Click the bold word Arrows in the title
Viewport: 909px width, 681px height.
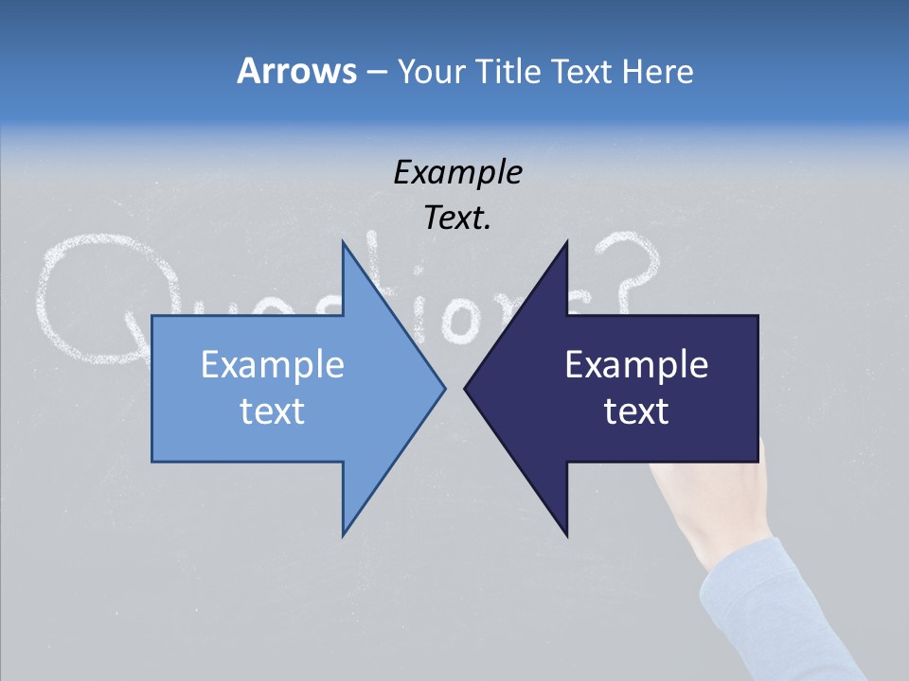[295, 71]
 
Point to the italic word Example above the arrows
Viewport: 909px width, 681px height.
[457, 172]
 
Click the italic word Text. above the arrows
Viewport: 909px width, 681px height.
[457, 218]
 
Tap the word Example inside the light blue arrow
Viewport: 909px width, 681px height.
[273, 364]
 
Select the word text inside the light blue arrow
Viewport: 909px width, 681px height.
[273, 410]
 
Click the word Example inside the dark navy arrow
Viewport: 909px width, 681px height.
[636, 364]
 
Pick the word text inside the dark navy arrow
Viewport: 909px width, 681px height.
[636, 410]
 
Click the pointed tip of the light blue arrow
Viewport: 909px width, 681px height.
[443, 388]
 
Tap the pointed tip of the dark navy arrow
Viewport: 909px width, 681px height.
[467, 388]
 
